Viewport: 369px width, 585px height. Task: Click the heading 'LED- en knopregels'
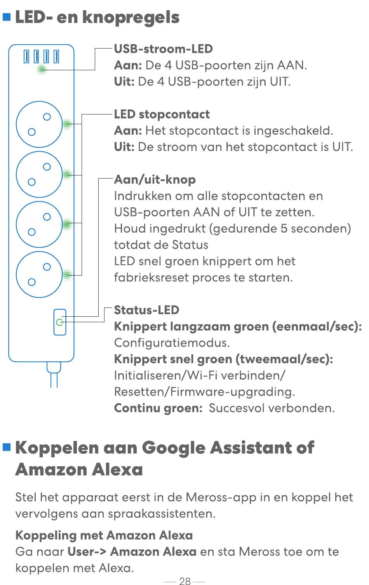click(97, 18)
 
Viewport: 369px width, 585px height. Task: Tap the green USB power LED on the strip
click(41, 69)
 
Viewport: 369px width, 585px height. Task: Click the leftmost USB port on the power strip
click(26, 56)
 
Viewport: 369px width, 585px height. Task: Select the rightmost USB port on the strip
click(56, 56)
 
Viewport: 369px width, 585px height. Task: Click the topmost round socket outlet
click(39, 124)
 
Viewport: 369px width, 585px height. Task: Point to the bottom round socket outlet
click(39, 274)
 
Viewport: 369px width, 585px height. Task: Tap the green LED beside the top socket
click(67, 124)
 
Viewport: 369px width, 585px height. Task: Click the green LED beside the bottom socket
click(67, 274)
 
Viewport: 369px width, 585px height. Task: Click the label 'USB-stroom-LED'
click(164, 49)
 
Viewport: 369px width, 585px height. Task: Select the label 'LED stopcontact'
click(162, 115)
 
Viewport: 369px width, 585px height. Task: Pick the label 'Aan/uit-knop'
click(155, 180)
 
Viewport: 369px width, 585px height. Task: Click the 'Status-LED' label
click(146, 310)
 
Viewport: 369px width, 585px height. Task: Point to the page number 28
click(185, 581)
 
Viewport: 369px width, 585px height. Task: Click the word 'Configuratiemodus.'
click(172, 343)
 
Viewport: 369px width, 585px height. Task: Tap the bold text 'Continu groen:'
click(158, 408)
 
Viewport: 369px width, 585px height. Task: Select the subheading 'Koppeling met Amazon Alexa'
click(104, 535)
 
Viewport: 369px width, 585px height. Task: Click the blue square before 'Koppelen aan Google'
click(7, 447)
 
